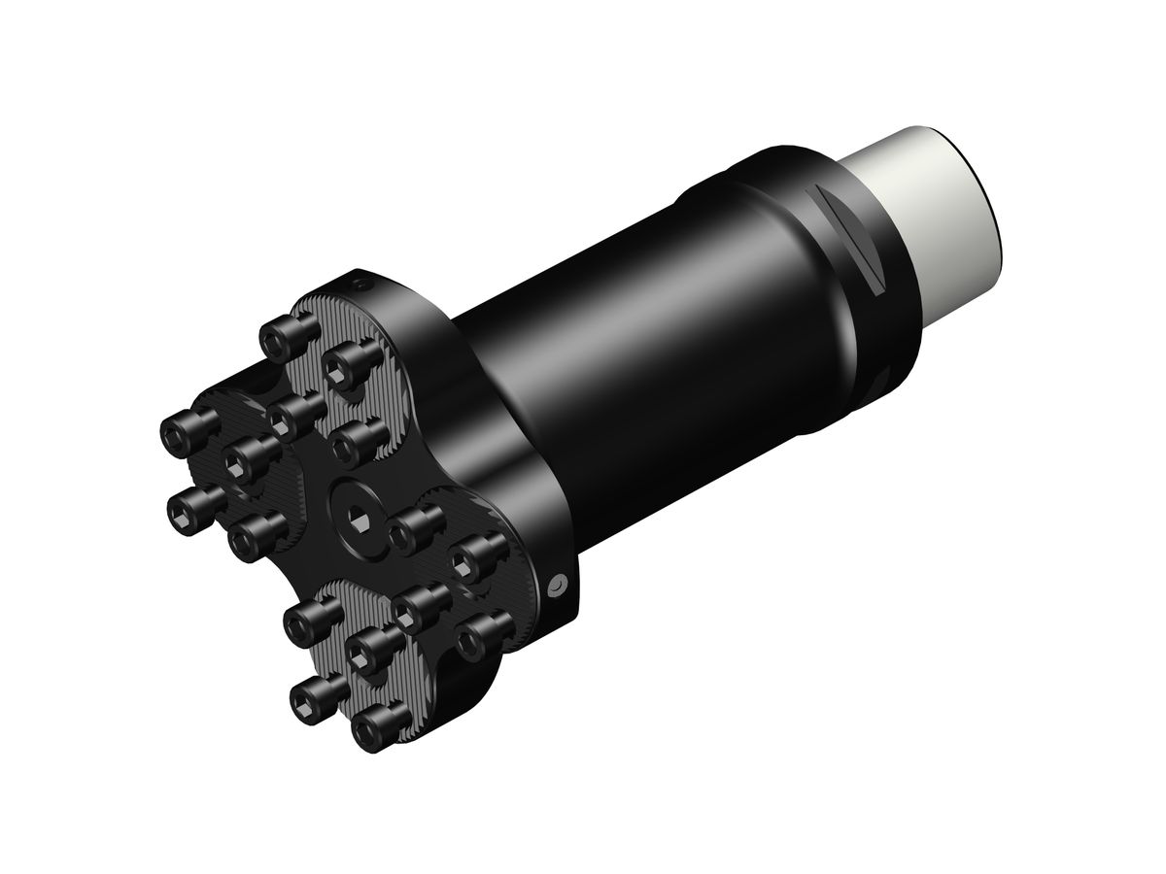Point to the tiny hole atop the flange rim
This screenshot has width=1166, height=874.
361,285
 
